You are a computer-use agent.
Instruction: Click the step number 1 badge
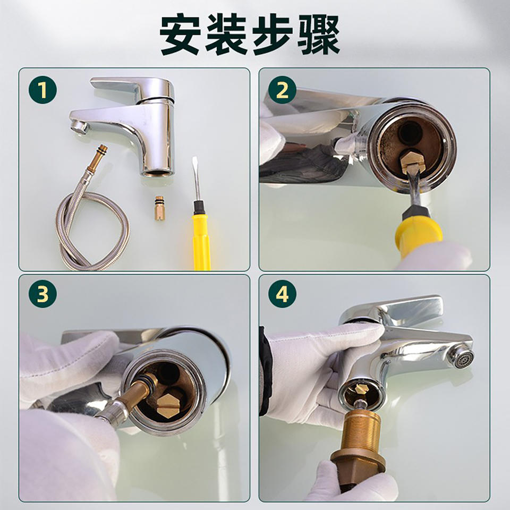42,90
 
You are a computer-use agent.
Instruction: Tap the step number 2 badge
282,90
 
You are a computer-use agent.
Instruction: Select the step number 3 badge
42,294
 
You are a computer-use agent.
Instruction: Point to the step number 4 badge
282,294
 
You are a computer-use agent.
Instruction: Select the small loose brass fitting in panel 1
159,208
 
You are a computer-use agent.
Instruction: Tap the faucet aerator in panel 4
462,356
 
